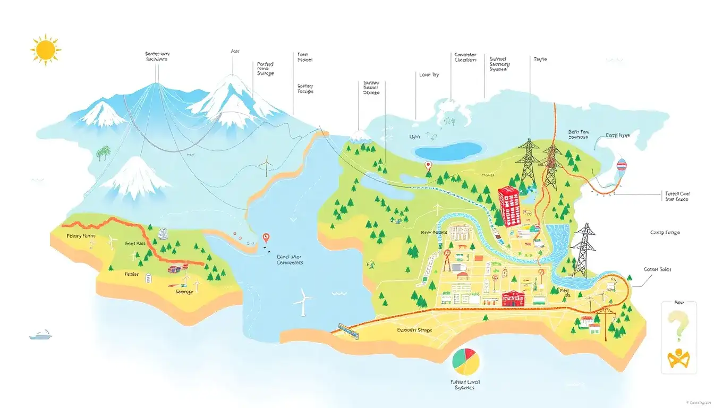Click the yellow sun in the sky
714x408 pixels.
46,49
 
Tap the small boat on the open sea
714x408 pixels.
40,335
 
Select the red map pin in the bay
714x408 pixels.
266,239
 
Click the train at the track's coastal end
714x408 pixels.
347,330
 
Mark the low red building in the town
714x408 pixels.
512,299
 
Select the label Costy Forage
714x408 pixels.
665,233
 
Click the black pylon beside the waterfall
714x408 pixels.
584,250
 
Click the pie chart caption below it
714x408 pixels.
465,384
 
